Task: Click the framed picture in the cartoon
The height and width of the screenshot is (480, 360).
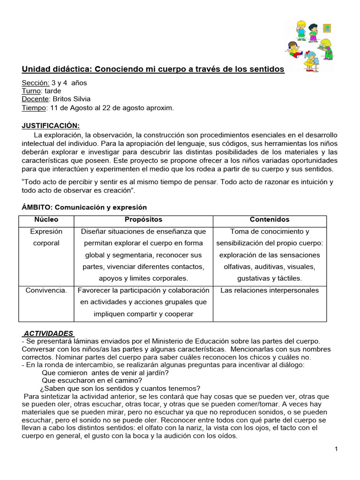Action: click(x=327, y=28)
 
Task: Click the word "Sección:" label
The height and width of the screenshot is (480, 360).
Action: click(x=36, y=82)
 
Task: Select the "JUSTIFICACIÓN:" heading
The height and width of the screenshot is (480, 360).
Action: click(x=51, y=125)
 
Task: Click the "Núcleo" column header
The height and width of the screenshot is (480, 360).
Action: click(x=46, y=219)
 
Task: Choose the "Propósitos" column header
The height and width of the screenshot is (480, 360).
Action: click(x=143, y=219)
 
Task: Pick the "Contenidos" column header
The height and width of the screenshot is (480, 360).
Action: click(x=270, y=219)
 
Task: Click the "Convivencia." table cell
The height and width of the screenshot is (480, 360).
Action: click(x=46, y=290)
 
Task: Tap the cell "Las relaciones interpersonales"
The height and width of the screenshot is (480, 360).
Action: click(x=270, y=290)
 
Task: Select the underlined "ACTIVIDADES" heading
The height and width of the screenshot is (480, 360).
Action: click(x=48, y=333)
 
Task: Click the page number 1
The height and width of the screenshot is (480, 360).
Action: click(x=336, y=450)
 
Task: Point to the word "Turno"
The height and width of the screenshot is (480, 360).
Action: click(x=32, y=91)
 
